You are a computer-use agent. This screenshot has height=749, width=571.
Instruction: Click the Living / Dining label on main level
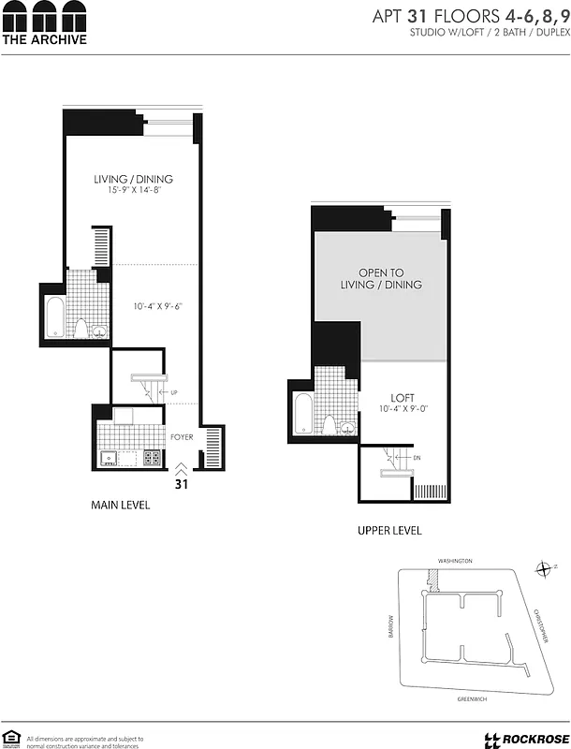pyautogui.click(x=133, y=179)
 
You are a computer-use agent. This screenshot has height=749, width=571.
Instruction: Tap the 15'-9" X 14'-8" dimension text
pyautogui.click(x=133, y=191)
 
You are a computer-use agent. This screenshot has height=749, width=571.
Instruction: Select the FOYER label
pyautogui.click(x=182, y=437)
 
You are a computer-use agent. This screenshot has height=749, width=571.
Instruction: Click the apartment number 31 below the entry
pyautogui.click(x=182, y=484)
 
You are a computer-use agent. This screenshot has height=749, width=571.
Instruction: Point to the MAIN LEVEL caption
pyautogui.click(x=120, y=506)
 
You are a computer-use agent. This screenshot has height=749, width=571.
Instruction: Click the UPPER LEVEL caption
pyautogui.click(x=389, y=531)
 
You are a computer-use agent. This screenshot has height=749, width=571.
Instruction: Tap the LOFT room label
pyautogui.click(x=403, y=397)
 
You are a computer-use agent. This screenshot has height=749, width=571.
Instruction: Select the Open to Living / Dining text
pyautogui.click(x=381, y=278)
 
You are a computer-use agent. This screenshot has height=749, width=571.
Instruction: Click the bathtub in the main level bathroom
pyautogui.click(x=54, y=318)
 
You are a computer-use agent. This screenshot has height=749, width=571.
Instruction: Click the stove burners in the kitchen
pyautogui.click(x=152, y=458)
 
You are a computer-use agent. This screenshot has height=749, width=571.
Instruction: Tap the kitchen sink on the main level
pyautogui.click(x=109, y=459)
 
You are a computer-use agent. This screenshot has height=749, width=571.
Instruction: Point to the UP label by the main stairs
pyautogui.click(x=175, y=391)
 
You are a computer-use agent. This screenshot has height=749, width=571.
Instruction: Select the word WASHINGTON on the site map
pyautogui.click(x=455, y=561)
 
